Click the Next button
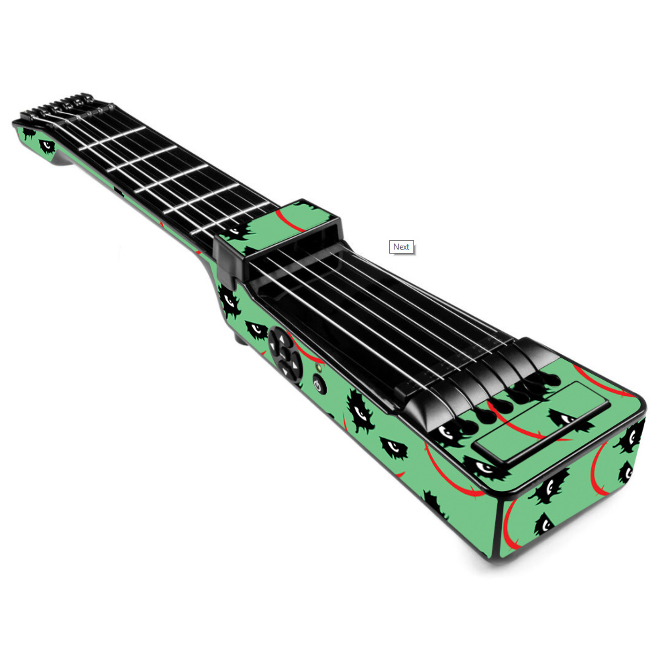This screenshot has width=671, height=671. tap(401, 247)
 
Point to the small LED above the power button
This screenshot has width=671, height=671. tap(318, 368)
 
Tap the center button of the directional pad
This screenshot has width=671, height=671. tap(285, 354)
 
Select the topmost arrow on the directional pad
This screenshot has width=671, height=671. tap(281, 338)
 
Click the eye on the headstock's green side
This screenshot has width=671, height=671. tap(47, 146)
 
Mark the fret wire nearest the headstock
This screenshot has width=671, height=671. tap(113, 139)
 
